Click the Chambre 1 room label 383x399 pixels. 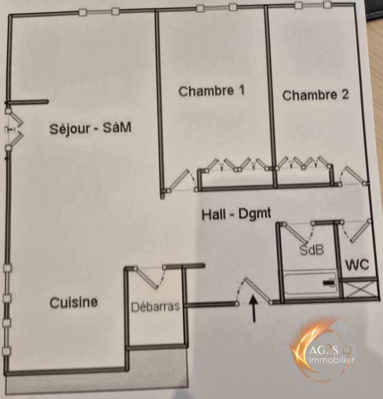[211, 91]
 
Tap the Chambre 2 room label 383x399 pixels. [315, 95]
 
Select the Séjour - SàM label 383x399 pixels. [91, 129]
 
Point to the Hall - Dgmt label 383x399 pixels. [236, 214]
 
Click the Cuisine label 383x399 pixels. [74, 302]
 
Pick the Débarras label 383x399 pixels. [156, 306]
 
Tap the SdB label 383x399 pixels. [311, 250]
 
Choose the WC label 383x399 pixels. [357, 265]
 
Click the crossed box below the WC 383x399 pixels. [360, 290]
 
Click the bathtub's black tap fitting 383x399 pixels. [328, 283]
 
